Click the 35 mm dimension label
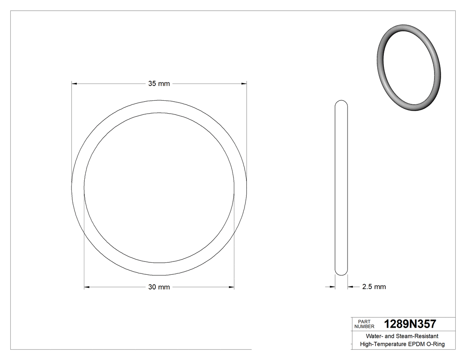(x=159, y=83)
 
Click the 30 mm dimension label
(x=159, y=287)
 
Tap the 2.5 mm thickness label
(x=374, y=287)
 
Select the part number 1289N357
(x=410, y=324)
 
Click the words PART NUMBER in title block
(x=364, y=324)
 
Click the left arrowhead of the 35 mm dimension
(x=75, y=83)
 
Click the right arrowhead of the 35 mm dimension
(x=244, y=83)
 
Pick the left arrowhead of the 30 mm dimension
(x=87, y=287)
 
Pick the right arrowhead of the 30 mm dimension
(x=231, y=287)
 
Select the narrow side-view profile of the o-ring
(x=341, y=186)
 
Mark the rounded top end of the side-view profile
(x=341, y=103)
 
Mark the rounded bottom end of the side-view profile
(x=341, y=272)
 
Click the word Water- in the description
(x=375, y=336)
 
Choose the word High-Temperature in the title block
(x=383, y=344)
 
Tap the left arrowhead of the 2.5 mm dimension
(x=332, y=287)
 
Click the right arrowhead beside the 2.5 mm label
(x=350, y=287)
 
